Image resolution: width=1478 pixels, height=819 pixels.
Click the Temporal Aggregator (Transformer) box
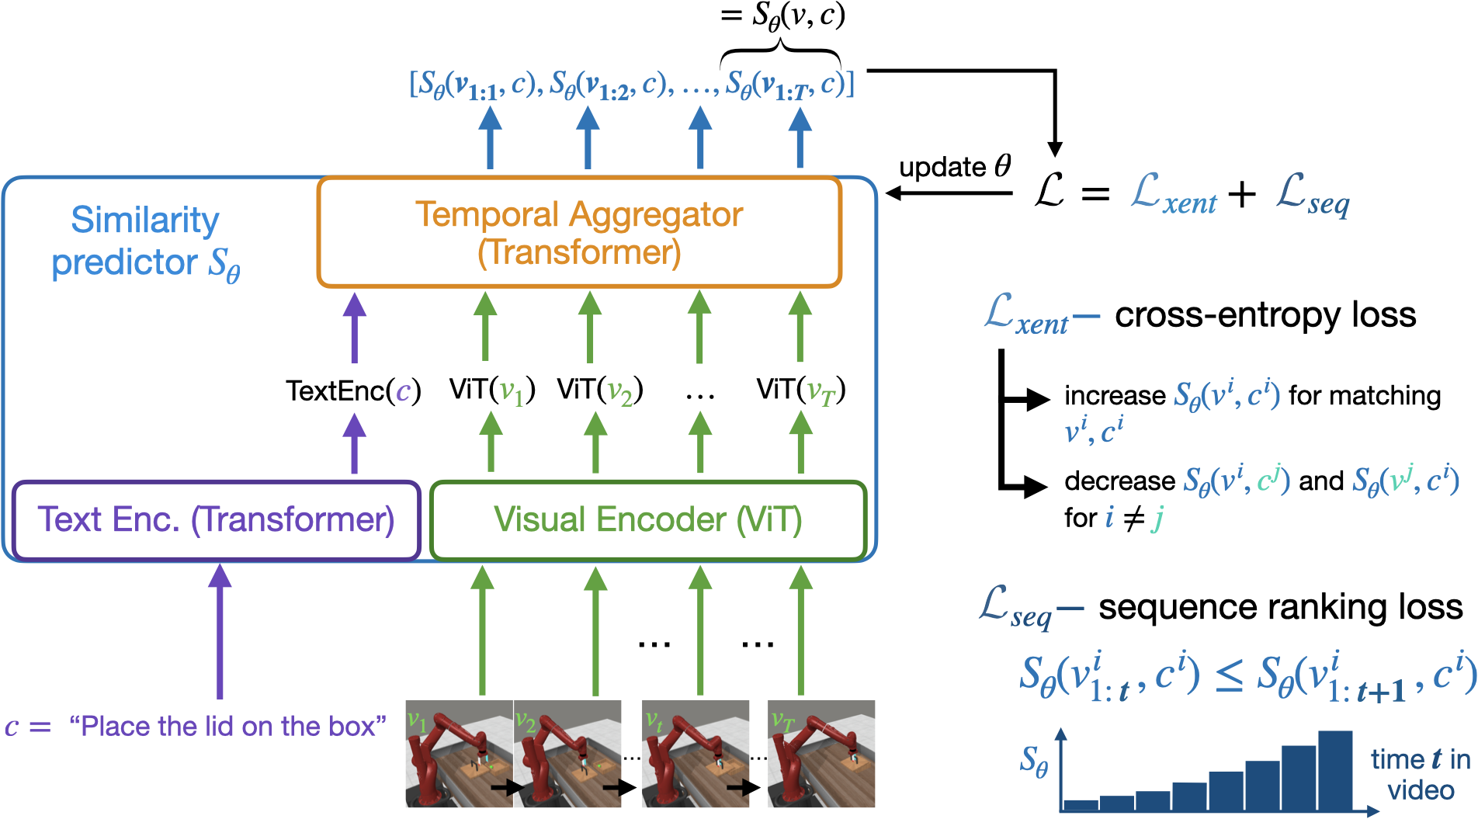(x=579, y=232)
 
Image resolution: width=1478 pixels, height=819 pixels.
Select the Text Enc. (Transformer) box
(x=216, y=519)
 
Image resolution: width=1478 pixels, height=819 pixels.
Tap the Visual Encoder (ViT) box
(x=647, y=519)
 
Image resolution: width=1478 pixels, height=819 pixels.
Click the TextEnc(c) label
(x=353, y=390)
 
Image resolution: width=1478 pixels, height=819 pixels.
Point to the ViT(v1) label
(x=492, y=390)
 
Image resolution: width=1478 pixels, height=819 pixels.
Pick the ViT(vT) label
(x=800, y=390)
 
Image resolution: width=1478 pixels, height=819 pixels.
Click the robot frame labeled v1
(x=459, y=754)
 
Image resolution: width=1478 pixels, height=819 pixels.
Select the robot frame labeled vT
(x=821, y=754)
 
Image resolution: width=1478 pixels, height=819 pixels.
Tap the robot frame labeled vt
(x=696, y=754)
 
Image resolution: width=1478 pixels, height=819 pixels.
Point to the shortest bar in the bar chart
(x=1081, y=805)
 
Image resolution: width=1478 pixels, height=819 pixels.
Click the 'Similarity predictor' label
(x=145, y=241)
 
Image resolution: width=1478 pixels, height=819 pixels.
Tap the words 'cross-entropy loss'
(x=1265, y=315)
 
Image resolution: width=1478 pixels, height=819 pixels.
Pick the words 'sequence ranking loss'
(x=1280, y=607)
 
